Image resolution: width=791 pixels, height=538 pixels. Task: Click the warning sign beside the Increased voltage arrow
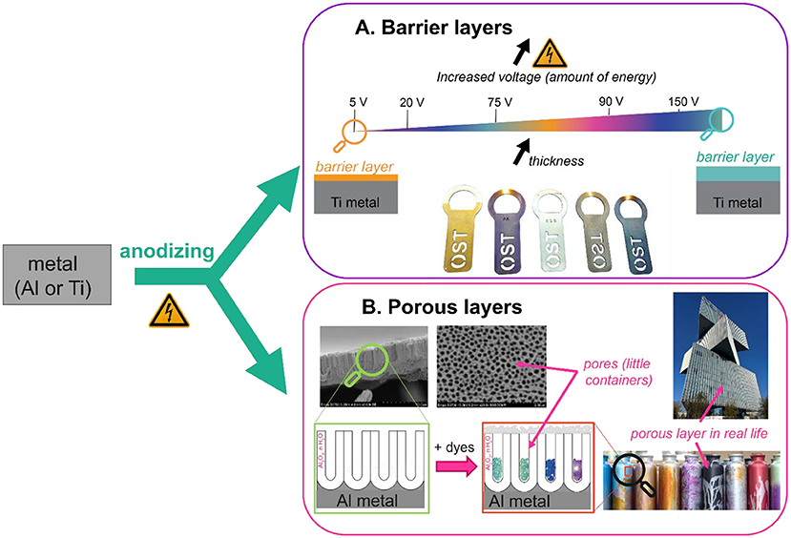tap(549, 54)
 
